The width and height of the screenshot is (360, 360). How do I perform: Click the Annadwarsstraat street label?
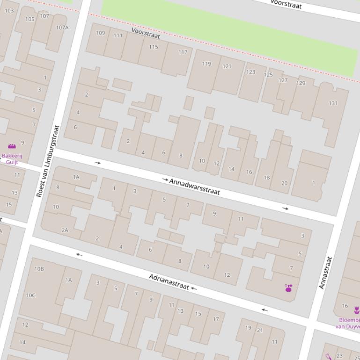(194, 187)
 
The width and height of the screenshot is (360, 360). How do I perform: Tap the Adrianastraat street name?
(169, 281)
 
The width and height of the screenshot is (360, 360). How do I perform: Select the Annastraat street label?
(325, 273)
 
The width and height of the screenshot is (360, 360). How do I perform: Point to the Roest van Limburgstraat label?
(48, 160)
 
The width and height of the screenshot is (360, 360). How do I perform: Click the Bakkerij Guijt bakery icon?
(12, 146)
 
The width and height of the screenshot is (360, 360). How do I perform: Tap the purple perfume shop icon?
(288, 288)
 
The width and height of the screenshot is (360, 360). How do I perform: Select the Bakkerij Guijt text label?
(12, 159)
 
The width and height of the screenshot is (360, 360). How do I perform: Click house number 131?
(333, 103)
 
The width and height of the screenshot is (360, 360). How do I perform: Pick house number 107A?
(62, 28)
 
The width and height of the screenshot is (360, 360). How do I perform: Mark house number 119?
(206, 64)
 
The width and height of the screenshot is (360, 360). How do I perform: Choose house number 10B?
(39, 269)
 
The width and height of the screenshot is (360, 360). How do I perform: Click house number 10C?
(30, 295)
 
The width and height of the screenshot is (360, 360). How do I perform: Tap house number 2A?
(65, 230)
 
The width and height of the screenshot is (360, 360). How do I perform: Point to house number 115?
(154, 47)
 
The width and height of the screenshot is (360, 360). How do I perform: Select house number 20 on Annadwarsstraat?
(284, 183)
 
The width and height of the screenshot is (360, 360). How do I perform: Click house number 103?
(9, 10)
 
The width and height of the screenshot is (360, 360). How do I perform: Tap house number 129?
(301, 83)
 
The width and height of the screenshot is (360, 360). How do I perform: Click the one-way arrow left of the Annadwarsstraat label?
(165, 180)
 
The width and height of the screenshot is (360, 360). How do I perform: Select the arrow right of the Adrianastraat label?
(194, 288)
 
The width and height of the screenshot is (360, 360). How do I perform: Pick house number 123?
(251, 72)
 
